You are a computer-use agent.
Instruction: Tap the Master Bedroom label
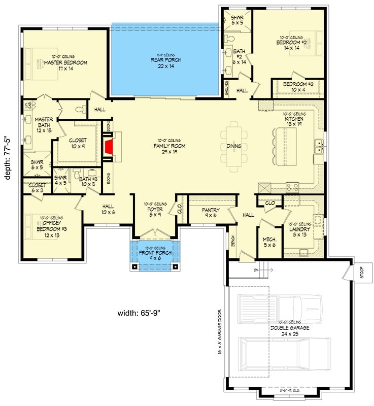pyautogui.click(x=65, y=62)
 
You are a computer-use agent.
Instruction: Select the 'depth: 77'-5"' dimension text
pyautogui.click(x=7, y=162)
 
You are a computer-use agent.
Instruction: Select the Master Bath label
pyautogui.click(x=44, y=123)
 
